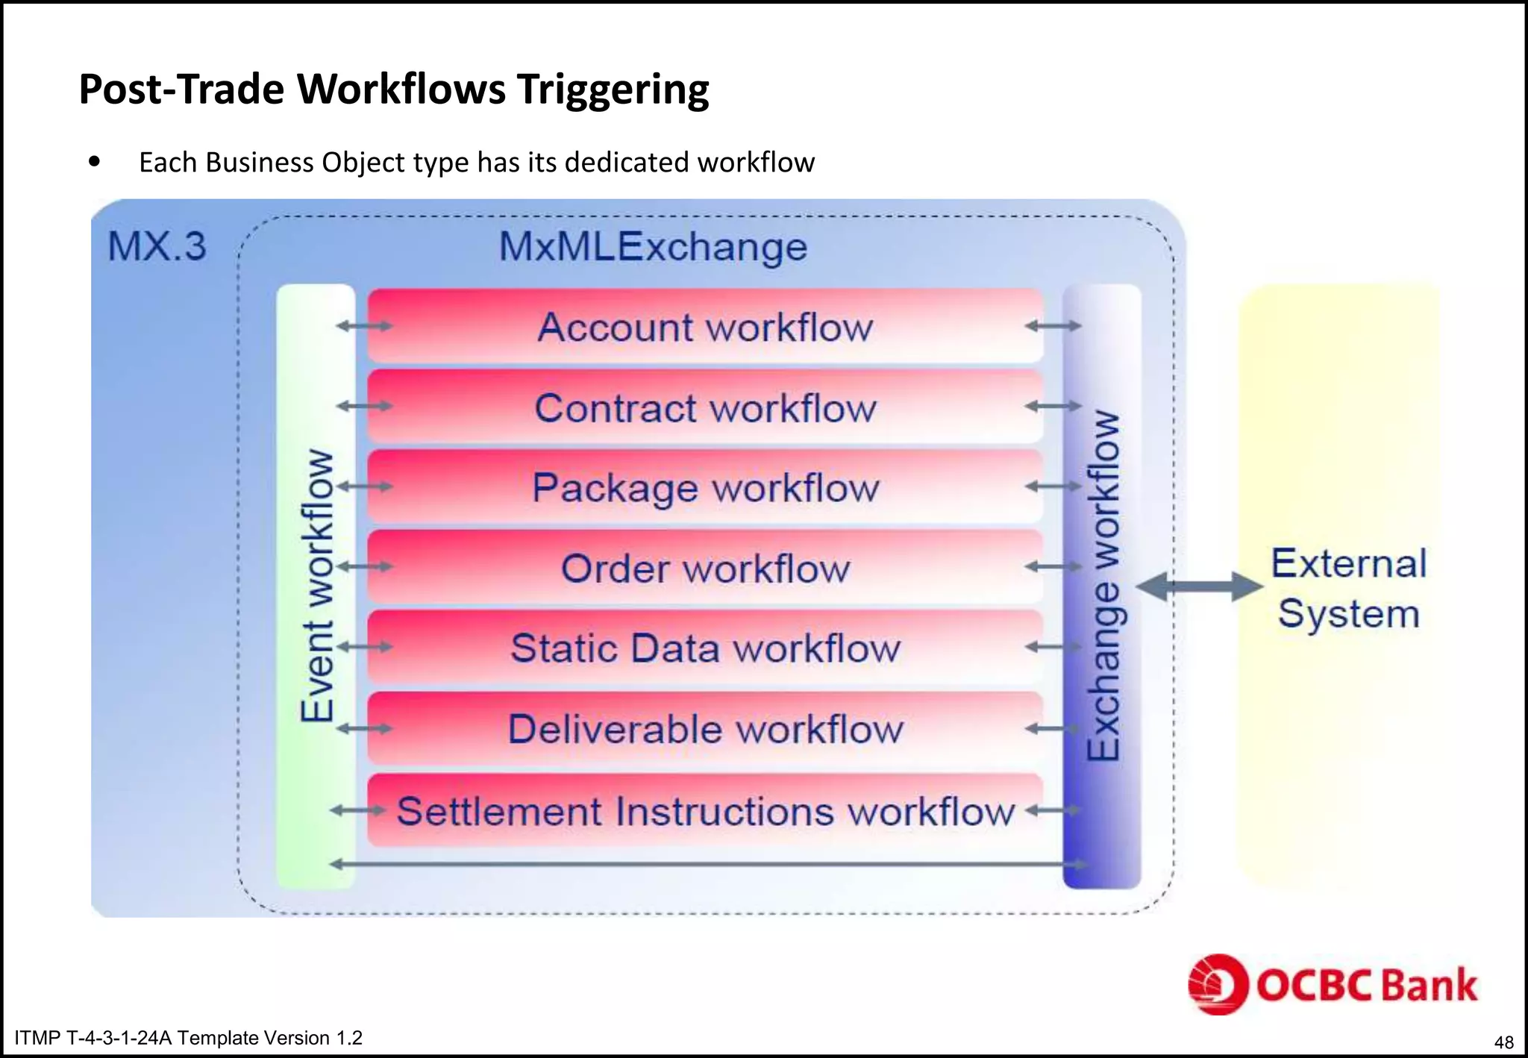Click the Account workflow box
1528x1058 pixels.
[705, 327]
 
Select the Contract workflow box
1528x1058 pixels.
[705, 407]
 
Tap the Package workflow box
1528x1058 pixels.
[705, 488]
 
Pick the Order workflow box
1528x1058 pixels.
[705, 568]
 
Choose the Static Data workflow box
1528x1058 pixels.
[705, 648]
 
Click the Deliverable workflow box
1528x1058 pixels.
[705, 728]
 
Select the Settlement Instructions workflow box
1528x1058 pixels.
[705, 811]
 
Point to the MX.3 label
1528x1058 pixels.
[157, 246]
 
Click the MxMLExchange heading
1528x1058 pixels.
[653, 246]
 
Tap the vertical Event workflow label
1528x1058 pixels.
[316, 586]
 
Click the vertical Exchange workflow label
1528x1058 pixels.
[1103, 586]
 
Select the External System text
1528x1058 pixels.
[1348, 588]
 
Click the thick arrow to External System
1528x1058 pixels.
[1199, 586]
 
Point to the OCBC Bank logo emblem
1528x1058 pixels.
[1218, 984]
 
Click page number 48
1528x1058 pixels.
[1503, 1042]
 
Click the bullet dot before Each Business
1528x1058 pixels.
[94, 161]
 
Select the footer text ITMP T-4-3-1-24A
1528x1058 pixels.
[188, 1038]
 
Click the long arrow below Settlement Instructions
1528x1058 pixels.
[707, 864]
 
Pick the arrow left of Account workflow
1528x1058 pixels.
[364, 325]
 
